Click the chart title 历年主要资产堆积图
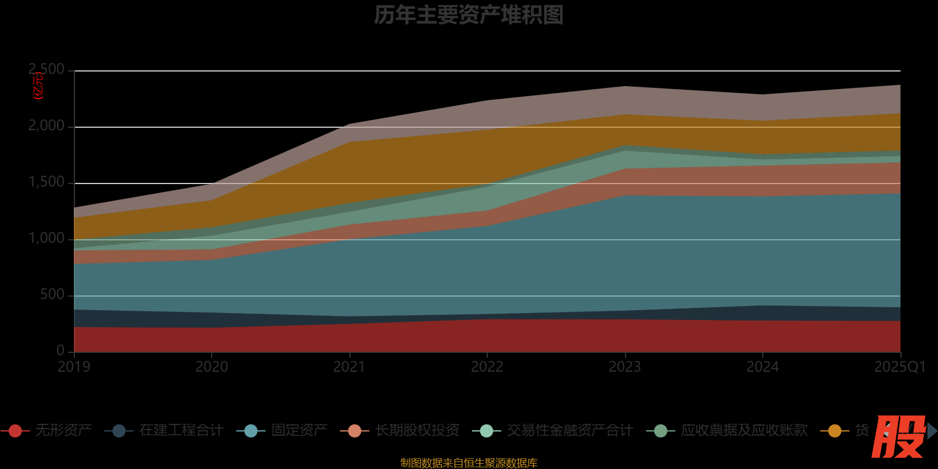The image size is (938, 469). point(468,15)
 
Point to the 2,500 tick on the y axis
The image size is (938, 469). point(47,70)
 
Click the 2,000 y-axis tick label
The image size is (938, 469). point(47,126)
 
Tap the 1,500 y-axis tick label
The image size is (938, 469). point(47,182)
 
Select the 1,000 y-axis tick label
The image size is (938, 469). point(47,239)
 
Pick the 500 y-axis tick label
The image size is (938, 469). point(52,295)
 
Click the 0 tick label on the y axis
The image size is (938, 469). point(60,351)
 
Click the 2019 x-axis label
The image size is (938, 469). point(74,367)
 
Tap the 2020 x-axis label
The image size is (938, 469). point(212,367)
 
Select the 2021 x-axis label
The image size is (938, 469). point(349,367)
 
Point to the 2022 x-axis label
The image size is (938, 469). point(487,367)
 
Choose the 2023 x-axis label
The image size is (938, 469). point(625,367)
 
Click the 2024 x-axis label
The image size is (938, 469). point(763,367)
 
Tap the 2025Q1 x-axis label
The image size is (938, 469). point(900,367)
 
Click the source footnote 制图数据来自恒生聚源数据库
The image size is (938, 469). point(468,463)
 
